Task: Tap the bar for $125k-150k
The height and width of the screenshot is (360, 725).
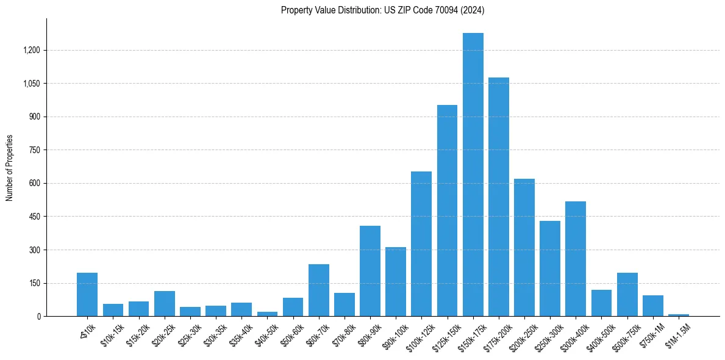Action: [x=447, y=211]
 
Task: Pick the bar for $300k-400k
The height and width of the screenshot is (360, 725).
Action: [x=576, y=259]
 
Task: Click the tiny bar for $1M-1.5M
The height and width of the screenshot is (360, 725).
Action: [x=679, y=315]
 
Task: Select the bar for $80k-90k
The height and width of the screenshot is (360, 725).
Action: [x=370, y=271]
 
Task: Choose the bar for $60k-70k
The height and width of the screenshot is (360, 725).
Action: [x=319, y=290]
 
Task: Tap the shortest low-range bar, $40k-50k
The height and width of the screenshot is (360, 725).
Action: [x=267, y=314]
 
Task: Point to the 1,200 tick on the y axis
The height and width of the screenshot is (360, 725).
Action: [x=30, y=50]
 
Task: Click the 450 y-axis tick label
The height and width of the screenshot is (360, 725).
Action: [x=34, y=217]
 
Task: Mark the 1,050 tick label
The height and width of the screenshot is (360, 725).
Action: [x=30, y=84]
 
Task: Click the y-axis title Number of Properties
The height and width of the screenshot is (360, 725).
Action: [x=9, y=168]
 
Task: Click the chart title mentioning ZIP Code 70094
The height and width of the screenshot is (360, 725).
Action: [x=382, y=10]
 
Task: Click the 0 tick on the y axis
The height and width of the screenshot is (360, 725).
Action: [x=39, y=317]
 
